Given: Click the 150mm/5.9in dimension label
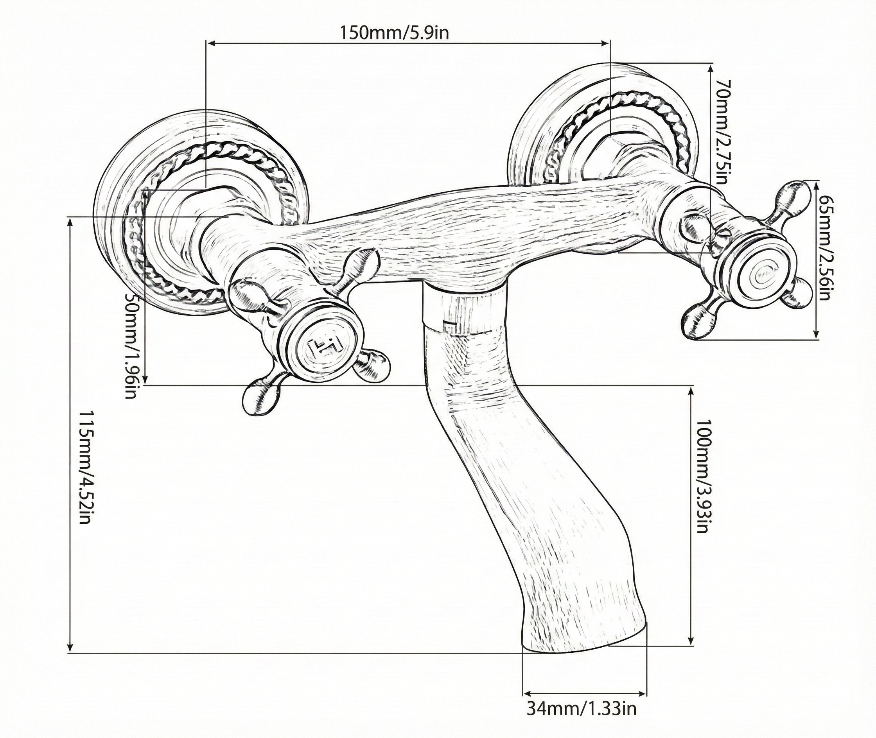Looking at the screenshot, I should (x=393, y=32).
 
